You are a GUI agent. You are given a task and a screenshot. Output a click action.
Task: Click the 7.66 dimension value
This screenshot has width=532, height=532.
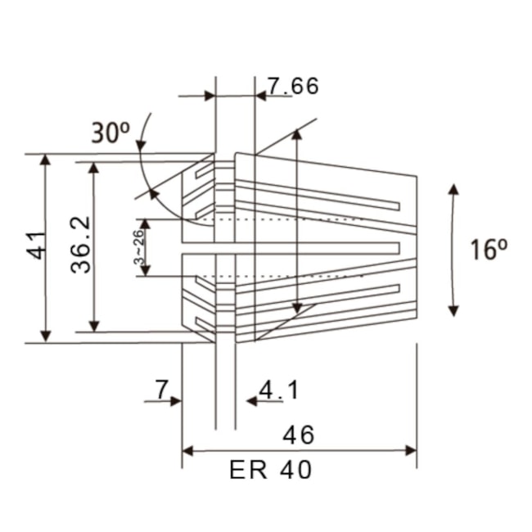pos(293,86)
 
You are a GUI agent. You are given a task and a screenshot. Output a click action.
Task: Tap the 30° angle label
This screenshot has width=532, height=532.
pos(110,133)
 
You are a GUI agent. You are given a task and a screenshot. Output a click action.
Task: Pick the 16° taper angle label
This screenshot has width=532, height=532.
pos(484,250)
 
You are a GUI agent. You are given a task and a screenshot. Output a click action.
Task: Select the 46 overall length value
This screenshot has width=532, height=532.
pos(297,434)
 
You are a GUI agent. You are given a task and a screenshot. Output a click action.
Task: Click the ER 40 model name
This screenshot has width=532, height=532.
pos(270,471)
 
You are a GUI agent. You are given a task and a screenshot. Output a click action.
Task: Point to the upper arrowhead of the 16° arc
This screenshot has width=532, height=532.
pos(453,189)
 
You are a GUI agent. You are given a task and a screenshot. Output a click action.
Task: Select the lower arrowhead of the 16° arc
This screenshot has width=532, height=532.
pos(453,310)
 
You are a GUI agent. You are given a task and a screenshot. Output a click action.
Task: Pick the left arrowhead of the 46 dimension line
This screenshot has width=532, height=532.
pos(187,450)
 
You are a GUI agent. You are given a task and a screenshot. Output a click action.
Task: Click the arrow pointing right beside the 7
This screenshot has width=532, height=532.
pos(175,402)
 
